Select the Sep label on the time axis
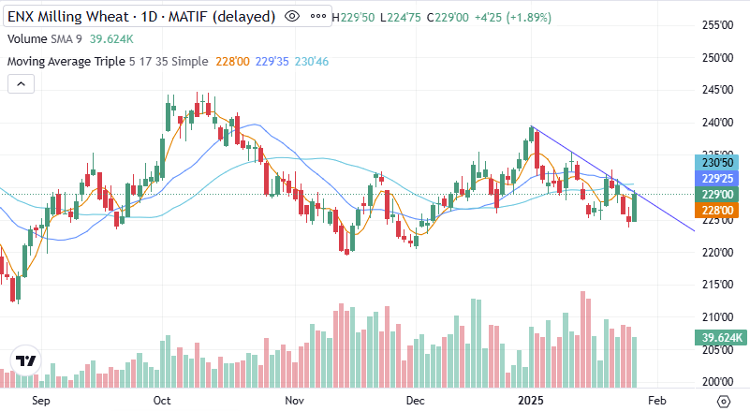coord(40,401)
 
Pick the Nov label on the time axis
coord(294,401)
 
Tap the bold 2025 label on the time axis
coord(531,401)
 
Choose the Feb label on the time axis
coord(657,401)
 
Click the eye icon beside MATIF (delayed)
coord(292,17)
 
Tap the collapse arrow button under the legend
coord(21,84)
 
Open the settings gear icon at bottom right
coord(723,401)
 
